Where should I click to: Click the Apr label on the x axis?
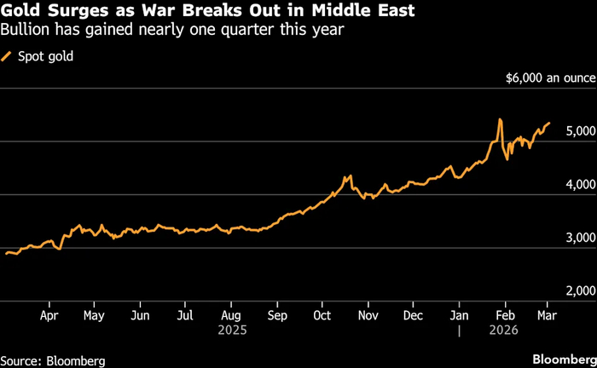point(49,314)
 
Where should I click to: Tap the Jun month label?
point(140,314)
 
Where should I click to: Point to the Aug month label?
point(230,314)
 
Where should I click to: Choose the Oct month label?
point(322,314)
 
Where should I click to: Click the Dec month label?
point(413,314)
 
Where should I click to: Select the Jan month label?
point(459,314)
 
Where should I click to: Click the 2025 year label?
point(231,329)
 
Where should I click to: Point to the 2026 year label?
point(504,329)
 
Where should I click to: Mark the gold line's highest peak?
point(500,119)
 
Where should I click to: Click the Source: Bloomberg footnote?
point(53,360)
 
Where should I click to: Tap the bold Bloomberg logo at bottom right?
point(562,359)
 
